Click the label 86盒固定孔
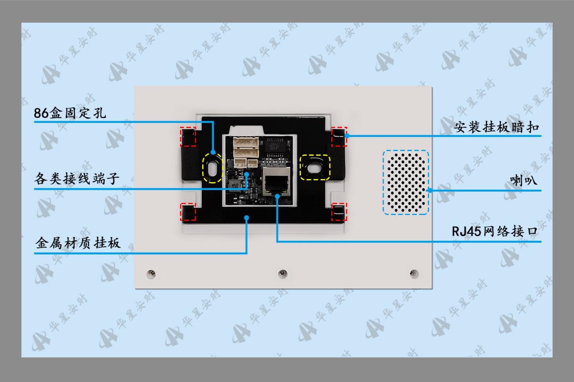(x=70, y=113)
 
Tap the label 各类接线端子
(x=77, y=179)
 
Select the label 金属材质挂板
(x=78, y=243)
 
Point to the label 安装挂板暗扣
(x=497, y=127)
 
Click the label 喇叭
(x=523, y=180)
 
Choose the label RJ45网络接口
(x=494, y=231)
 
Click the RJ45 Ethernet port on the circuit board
(x=276, y=182)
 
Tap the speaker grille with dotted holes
(x=405, y=182)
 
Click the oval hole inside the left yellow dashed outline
(x=213, y=169)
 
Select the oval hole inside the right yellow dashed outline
(x=314, y=169)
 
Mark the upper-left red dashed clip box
(x=188, y=137)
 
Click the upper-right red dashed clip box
(x=339, y=137)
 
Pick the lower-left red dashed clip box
(x=188, y=212)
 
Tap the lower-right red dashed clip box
(x=339, y=212)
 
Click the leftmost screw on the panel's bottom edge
(x=151, y=274)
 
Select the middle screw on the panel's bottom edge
(x=283, y=274)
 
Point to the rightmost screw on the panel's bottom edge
(x=414, y=274)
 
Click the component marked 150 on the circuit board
(x=235, y=185)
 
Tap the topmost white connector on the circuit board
(x=246, y=142)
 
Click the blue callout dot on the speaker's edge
(x=430, y=191)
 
